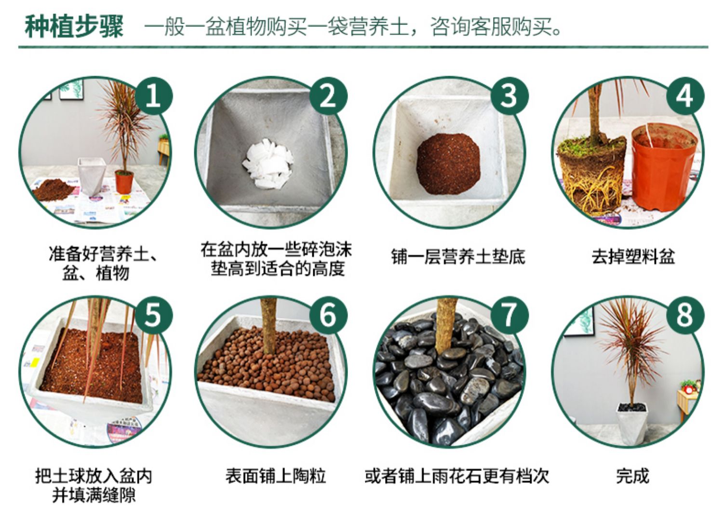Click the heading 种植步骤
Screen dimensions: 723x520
tap(74, 26)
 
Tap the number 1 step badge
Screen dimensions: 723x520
tap(154, 96)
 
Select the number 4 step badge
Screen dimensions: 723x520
tap(685, 96)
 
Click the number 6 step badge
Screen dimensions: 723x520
tap(328, 315)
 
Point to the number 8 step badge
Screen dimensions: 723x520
tap(685, 315)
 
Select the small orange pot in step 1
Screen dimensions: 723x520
tap(124, 182)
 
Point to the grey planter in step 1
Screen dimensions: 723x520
tap(92, 176)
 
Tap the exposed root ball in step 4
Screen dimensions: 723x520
tap(592, 176)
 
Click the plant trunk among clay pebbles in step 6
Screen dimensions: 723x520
tap(269, 325)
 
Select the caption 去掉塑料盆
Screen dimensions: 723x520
tap(633, 257)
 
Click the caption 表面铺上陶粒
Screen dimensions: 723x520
tap(276, 476)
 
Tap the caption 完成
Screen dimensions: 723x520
tap(632, 476)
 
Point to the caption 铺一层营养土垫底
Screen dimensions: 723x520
tap(458, 257)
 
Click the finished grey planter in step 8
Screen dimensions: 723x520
tap(632, 423)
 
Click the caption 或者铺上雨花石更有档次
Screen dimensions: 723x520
tap(457, 476)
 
